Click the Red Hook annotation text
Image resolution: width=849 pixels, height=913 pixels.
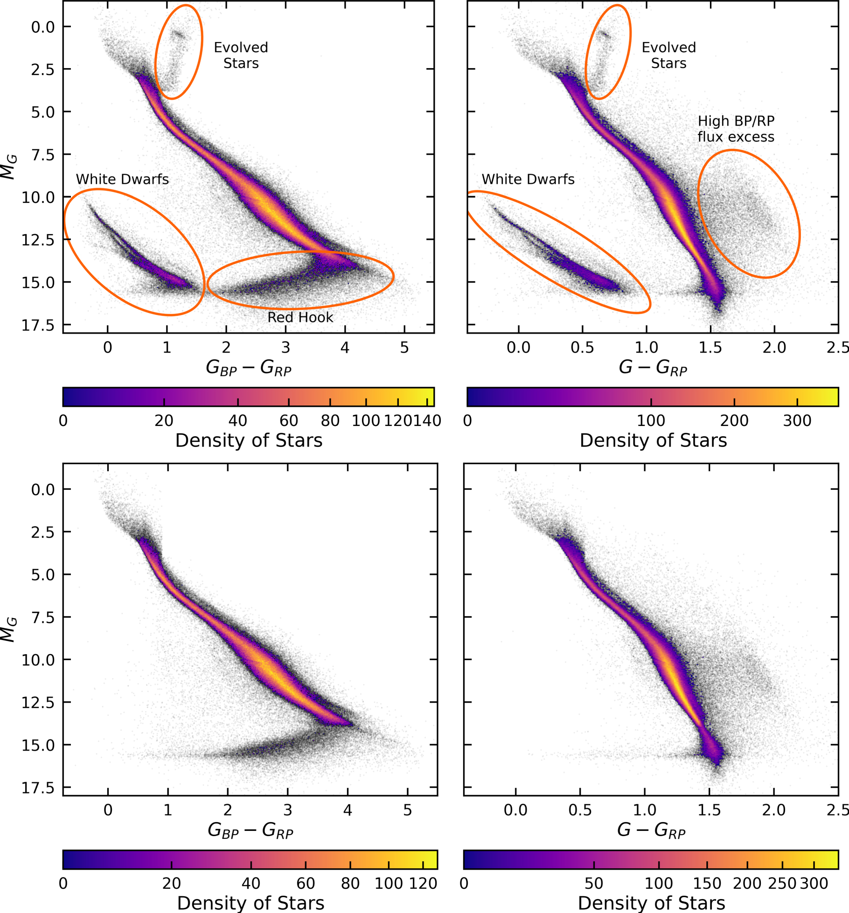tap(300, 317)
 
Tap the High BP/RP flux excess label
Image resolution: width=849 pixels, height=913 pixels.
tap(736, 129)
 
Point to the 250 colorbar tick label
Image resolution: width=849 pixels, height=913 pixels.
tap(783, 883)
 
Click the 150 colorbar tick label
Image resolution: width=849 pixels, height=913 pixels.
tap(707, 883)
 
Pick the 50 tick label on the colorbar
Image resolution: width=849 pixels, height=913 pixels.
tap(594, 883)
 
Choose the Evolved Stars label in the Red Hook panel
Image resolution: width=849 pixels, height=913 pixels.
tap(241, 55)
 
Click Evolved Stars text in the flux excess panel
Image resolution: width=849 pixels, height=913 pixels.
tap(668, 55)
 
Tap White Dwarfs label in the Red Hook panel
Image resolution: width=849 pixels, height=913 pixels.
tap(122, 179)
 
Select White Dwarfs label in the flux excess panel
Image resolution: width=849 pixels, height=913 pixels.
tap(528, 179)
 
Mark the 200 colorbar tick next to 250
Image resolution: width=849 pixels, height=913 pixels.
tap(747, 883)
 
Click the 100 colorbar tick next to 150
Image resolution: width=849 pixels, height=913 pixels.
tap(659, 883)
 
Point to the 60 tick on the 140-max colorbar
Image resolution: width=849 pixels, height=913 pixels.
tap(289, 421)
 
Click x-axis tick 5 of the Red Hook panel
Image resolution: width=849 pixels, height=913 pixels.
tap(404, 348)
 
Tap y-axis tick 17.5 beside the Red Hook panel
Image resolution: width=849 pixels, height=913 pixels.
tap(38, 325)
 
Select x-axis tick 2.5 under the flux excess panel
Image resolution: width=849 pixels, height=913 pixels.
tap(837, 348)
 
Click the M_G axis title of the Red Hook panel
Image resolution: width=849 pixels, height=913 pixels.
tap(9, 167)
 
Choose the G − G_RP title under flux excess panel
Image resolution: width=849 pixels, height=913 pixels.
tap(653, 368)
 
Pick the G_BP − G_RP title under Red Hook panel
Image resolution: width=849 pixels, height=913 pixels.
tap(249, 368)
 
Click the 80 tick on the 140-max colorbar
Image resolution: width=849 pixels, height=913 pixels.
tap(330, 421)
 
